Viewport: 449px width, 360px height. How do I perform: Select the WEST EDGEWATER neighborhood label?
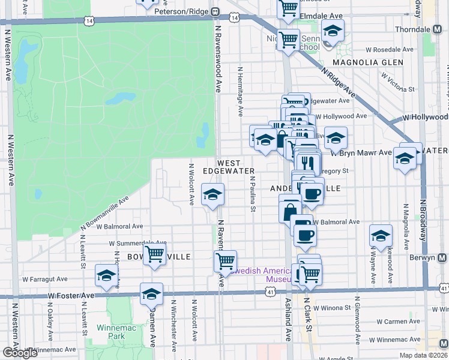(228, 167)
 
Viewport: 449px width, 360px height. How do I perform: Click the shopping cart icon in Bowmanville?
(155, 254)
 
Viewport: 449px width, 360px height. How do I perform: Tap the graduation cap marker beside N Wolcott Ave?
(211, 194)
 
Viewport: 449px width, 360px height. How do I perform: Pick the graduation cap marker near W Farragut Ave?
(106, 275)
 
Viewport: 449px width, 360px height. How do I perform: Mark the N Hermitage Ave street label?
(240, 92)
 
